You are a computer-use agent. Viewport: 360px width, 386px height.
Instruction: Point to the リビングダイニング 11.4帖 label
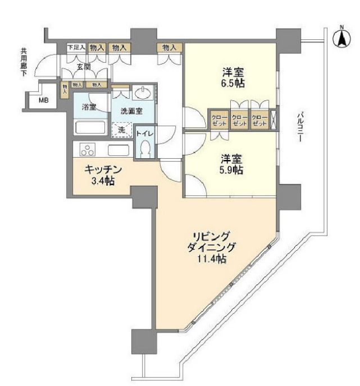click(x=212, y=247)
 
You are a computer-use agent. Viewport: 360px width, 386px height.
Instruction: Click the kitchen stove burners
click(x=88, y=150)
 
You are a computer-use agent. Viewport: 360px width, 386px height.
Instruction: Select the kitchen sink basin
click(x=119, y=150)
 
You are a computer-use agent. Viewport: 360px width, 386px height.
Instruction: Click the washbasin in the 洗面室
click(x=142, y=92)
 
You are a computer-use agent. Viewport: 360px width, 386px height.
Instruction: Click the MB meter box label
click(x=43, y=101)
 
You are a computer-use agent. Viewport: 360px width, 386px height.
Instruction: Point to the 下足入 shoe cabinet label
click(x=76, y=48)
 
